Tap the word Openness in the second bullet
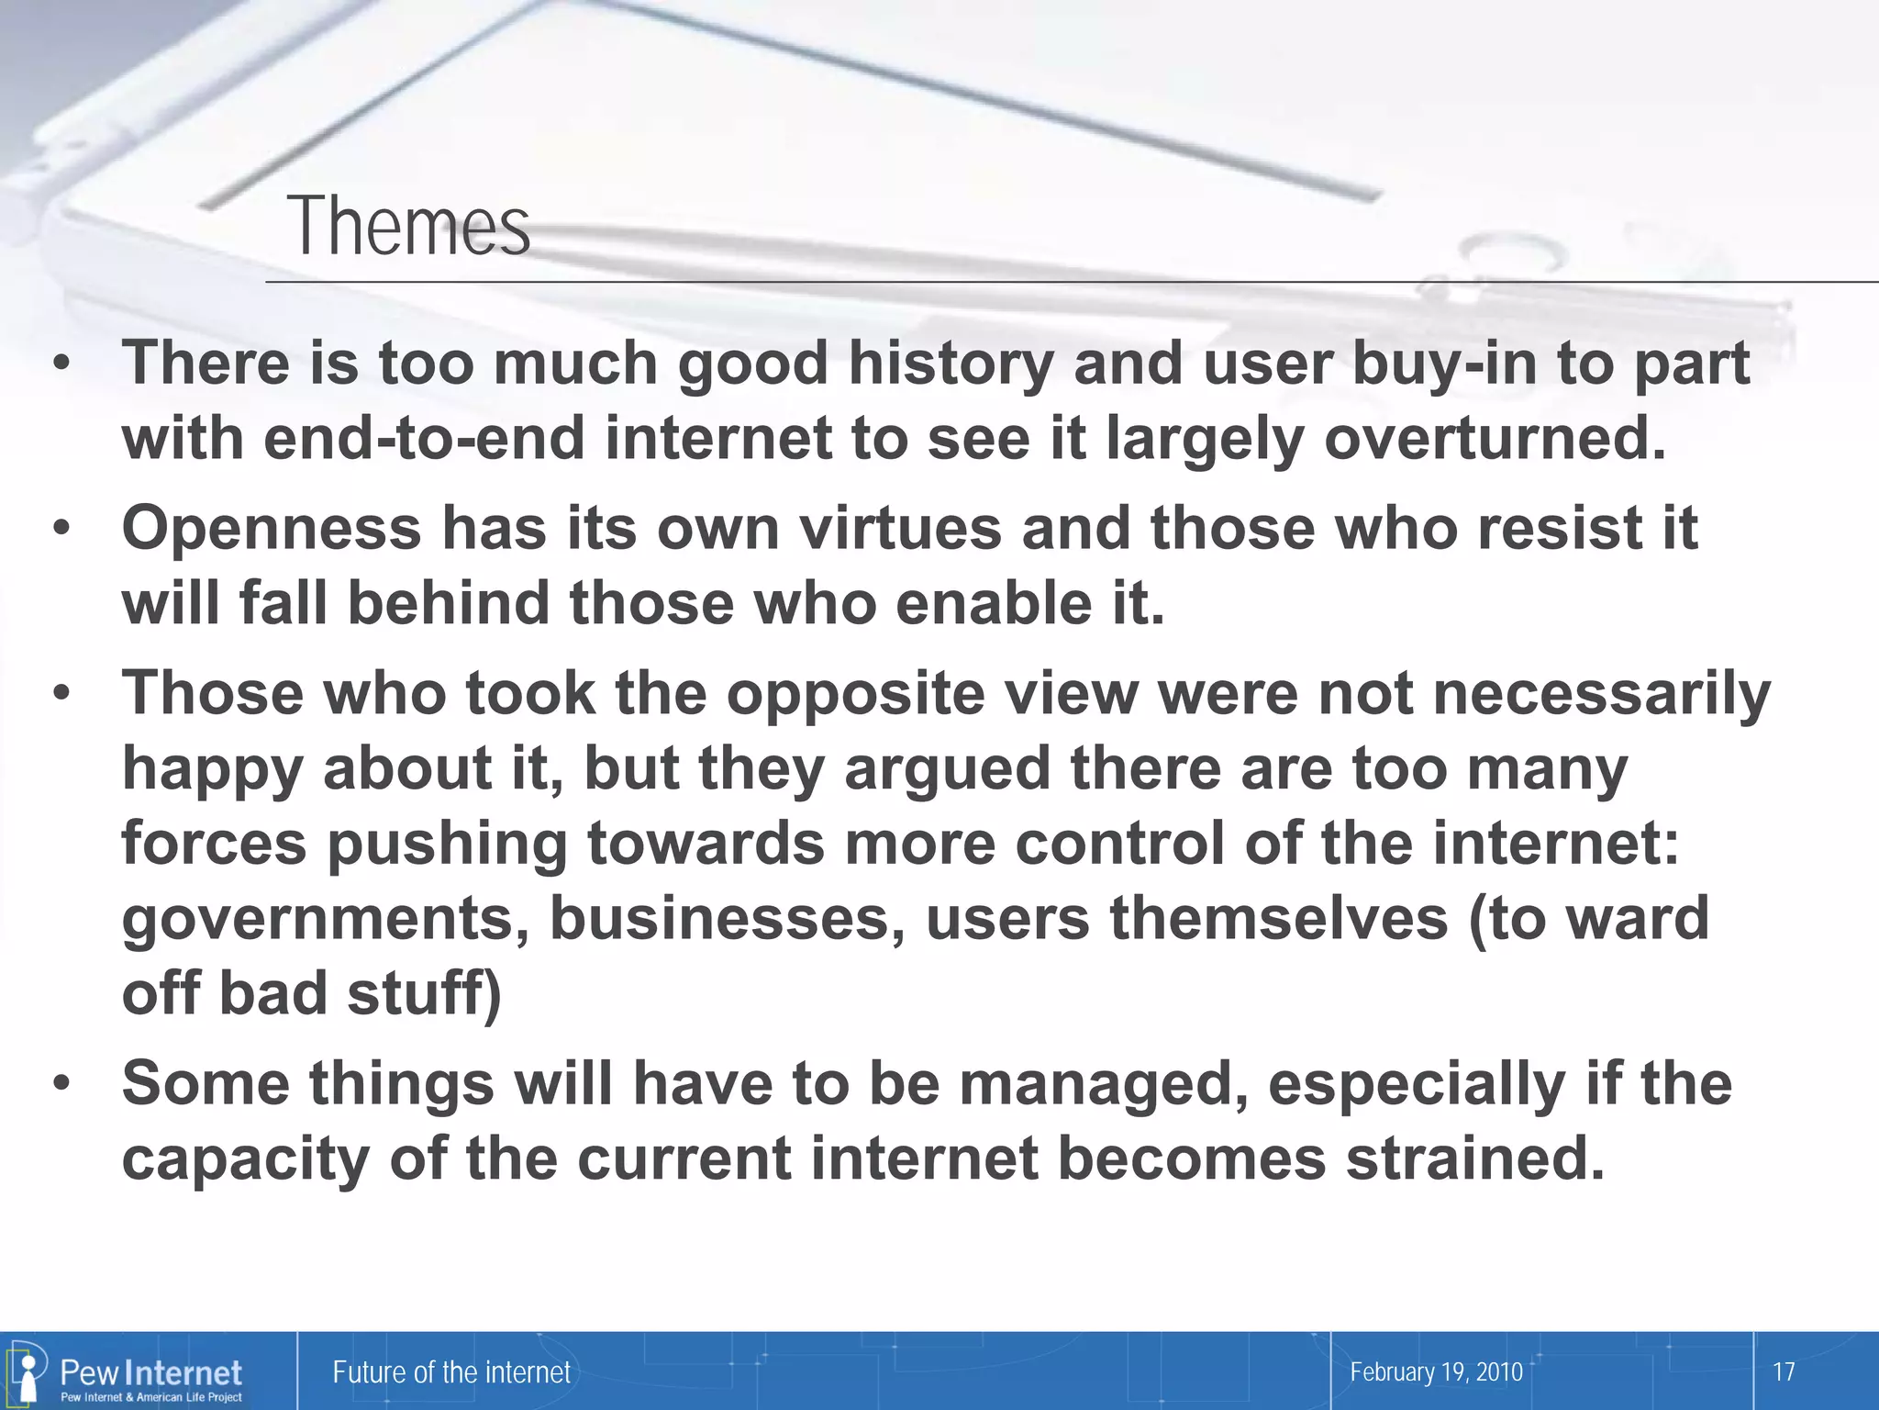(271, 529)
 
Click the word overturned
(1495, 439)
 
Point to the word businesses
(731, 918)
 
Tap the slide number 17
(1784, 1372)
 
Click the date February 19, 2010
(1436, 1372)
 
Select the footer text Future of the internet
(451, 1372)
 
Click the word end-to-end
(424, 439)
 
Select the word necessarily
(1601, 693)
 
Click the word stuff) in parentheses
(424, 993)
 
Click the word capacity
(245, 1159)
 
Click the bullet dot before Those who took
(61, 694)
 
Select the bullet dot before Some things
(61, 1084)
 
